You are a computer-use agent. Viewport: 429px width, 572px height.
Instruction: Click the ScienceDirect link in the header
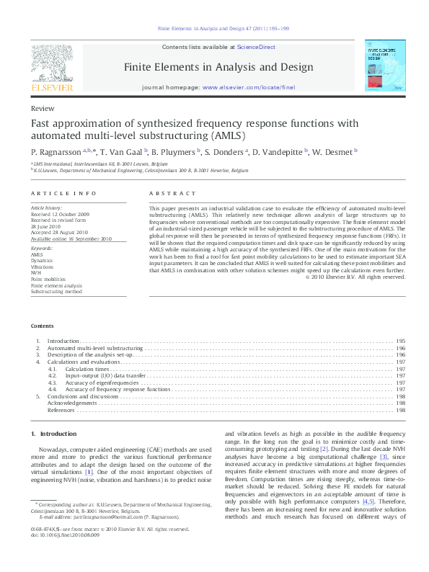coord(257,47)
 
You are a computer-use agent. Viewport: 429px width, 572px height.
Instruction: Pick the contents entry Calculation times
coord(87,368)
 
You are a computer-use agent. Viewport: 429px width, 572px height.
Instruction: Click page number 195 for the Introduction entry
coord(400,341)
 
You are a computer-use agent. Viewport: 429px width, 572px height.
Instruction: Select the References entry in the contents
coord(61,410)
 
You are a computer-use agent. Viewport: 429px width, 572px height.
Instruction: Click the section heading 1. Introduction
coord(54,434)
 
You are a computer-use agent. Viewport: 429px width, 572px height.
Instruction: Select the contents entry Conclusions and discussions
coord(83,396)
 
